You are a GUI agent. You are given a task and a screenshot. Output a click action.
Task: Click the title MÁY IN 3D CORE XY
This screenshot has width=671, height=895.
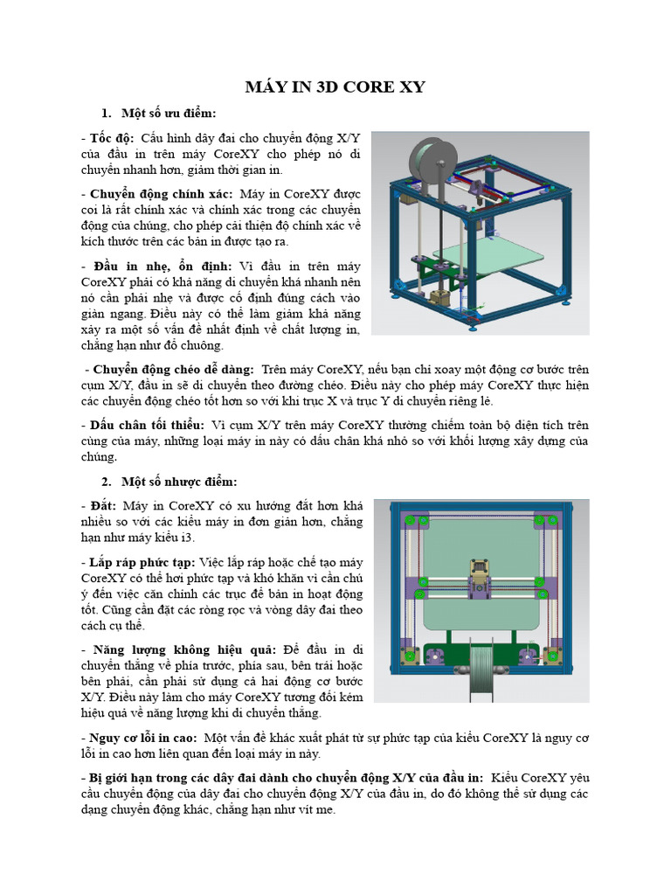click(335, 87)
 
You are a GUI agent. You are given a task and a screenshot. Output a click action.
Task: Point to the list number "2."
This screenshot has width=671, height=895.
click(107, 482)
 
